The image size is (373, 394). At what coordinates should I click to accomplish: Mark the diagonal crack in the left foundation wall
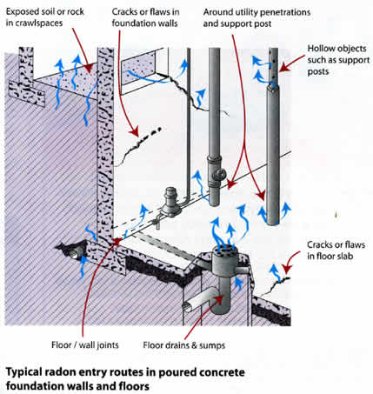[135, 157]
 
